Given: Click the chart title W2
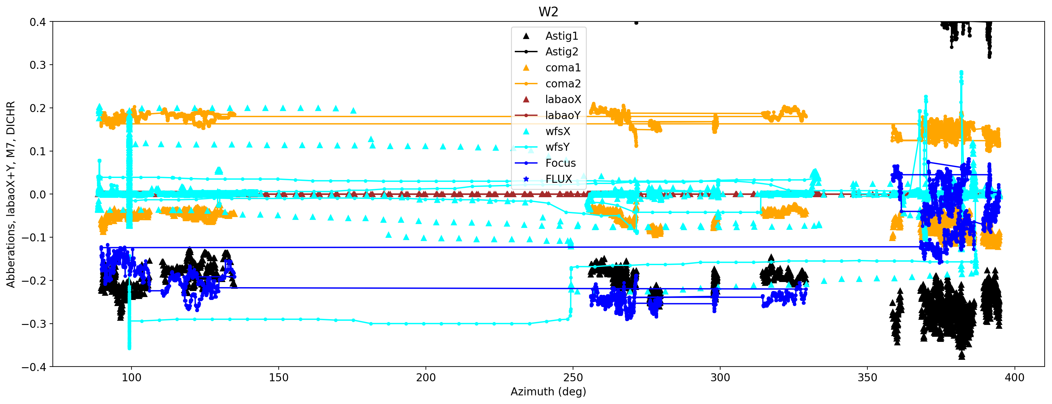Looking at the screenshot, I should [548, 12].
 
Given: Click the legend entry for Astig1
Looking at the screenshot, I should [562, 36].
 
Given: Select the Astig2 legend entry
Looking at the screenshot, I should [562, 52].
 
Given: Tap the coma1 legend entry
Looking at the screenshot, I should [563, 68].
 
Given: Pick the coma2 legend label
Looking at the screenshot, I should [563, 84].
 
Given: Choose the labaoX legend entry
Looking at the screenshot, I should [563, 100].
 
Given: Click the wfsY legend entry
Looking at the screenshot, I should [557, 147].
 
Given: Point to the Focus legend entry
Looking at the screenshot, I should [560, 163].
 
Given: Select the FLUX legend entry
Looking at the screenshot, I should [559, 179].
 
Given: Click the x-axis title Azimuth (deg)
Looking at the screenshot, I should [548, 392].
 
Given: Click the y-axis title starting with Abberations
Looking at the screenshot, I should [11, 194].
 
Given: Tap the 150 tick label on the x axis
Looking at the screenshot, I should [279, 377].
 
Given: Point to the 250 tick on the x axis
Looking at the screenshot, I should [573, 377].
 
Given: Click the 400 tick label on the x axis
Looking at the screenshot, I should [1015, 377].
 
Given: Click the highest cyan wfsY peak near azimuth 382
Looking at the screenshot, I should [961, 73].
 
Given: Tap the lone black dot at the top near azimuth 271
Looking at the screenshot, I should [636, 23].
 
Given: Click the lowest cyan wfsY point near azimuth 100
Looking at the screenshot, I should [130, 348].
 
